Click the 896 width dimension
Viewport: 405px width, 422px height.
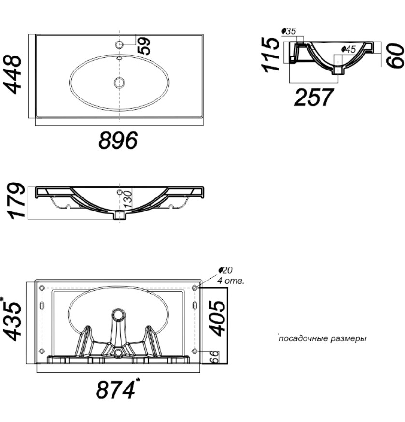point(118,140)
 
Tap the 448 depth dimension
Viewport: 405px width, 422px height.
point(13,74)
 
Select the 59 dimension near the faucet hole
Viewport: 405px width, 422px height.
point(144,46)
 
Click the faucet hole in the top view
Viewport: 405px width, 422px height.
point(119,44)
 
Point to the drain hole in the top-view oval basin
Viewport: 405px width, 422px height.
point(119,83)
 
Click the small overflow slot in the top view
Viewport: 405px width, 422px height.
point(119,58)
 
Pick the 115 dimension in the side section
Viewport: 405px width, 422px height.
point(270,55)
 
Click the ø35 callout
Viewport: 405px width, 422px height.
point(289,31)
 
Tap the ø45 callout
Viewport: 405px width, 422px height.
point(349,49)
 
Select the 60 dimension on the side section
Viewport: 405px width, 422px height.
point(395,56)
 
